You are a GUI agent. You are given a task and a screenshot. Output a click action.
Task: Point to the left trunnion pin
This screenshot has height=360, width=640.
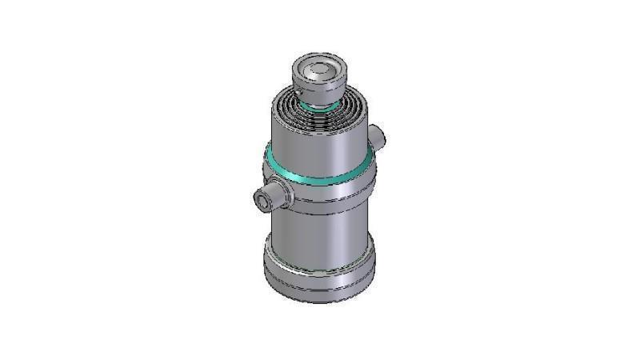point(268,196)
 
